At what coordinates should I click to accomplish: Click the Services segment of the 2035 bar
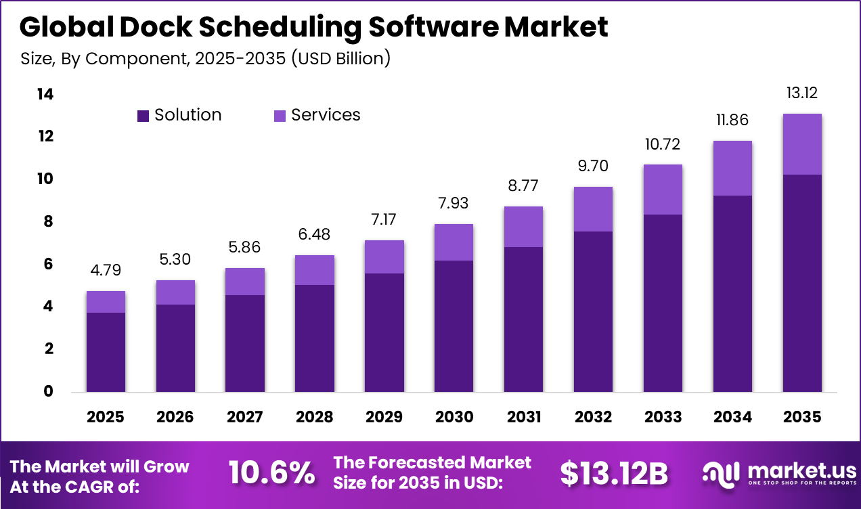(802, 144)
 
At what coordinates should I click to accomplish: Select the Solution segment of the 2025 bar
(106, 352)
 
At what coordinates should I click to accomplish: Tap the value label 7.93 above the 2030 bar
(454, 203)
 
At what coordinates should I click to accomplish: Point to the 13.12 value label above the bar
(802, 93)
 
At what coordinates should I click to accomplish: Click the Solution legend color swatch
(143, 116)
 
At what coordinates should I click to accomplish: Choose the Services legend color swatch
(280, 116)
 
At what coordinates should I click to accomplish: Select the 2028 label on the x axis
(314, 417)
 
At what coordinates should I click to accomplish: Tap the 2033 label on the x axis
(663, 417)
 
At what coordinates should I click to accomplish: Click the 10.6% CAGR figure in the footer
(271, 473)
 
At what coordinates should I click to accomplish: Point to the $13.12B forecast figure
(613, 474)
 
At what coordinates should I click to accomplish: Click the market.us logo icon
(719, 473)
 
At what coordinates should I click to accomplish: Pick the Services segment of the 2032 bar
(593, 209)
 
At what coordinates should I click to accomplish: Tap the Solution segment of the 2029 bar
(384, 332)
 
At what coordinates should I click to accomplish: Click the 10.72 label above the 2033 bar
(663, 144)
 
